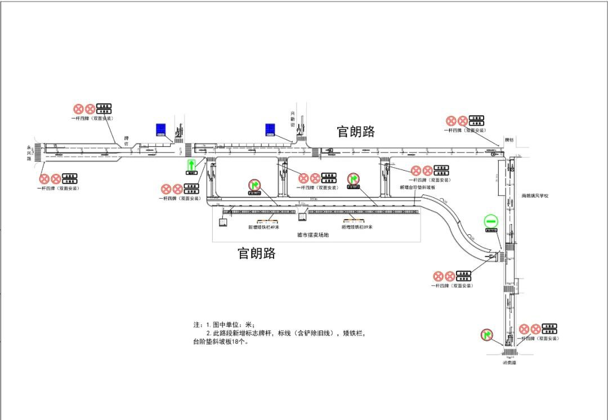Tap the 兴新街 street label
(293, 118)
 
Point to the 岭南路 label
(509, 363)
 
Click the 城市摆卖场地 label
(313, 235)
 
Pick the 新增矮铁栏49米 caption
(264, 227)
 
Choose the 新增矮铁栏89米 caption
(357, 227)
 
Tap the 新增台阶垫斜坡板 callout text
(418, 187)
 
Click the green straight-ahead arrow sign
(192, 166)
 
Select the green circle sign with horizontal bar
(491, 222)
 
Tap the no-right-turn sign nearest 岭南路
(486, 335)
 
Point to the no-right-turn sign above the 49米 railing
(255, 185)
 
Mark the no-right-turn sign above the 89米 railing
(354, 180)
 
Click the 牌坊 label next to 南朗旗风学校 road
(509, 139)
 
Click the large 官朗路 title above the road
(356, 132)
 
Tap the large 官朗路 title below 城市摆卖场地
(257, 253)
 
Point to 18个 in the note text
(239, 341)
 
